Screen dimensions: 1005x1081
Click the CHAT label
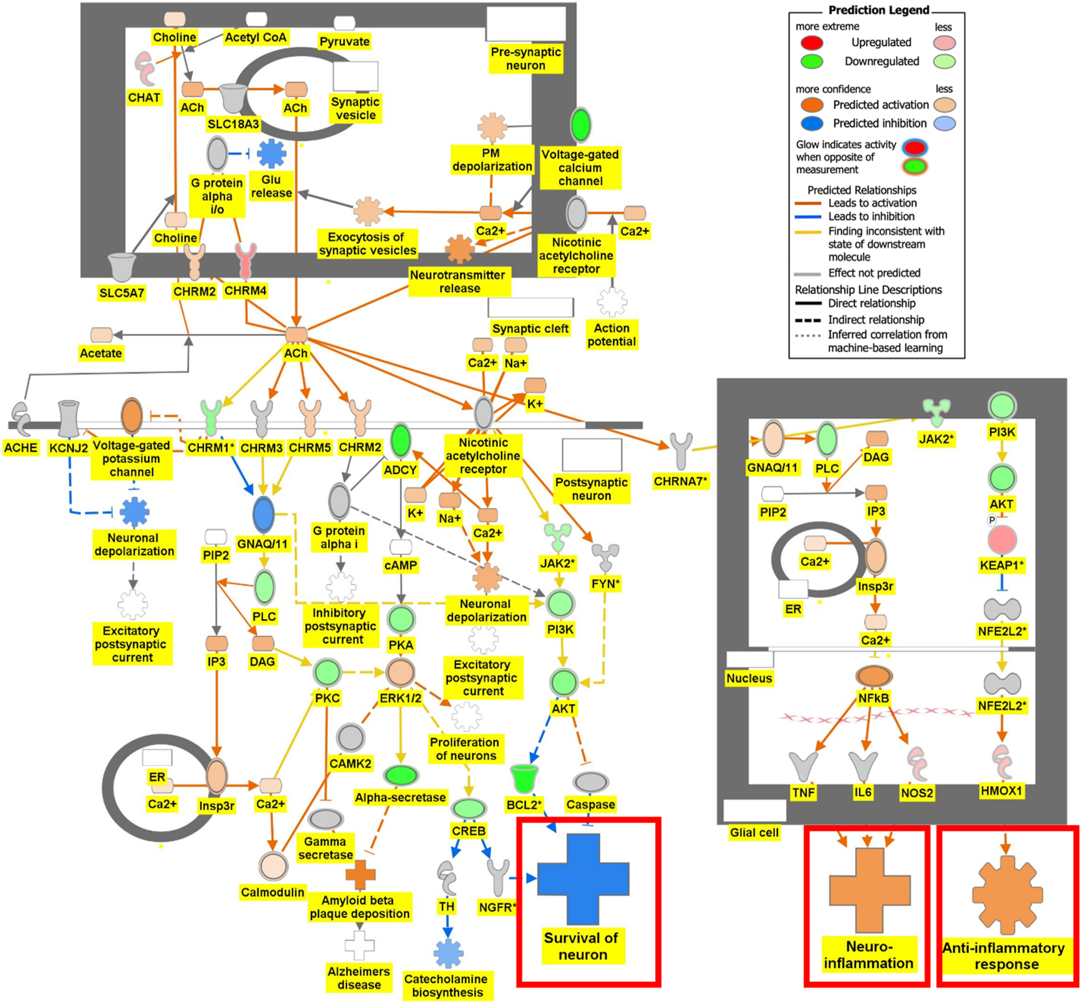[144, 98]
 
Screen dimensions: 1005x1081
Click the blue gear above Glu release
[271, 154]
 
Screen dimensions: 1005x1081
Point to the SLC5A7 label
[121, 293]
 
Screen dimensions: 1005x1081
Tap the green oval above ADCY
[401, 441]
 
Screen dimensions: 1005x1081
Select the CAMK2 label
[350, 763]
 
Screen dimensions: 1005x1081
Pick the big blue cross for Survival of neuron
[583, 879]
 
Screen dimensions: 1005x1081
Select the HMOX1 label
[1002, 790]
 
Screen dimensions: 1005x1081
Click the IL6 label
[863, 792]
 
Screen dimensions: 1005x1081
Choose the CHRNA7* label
[681, 481]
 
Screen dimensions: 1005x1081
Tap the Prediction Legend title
[879, 10]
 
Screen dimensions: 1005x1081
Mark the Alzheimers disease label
[359, 978]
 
